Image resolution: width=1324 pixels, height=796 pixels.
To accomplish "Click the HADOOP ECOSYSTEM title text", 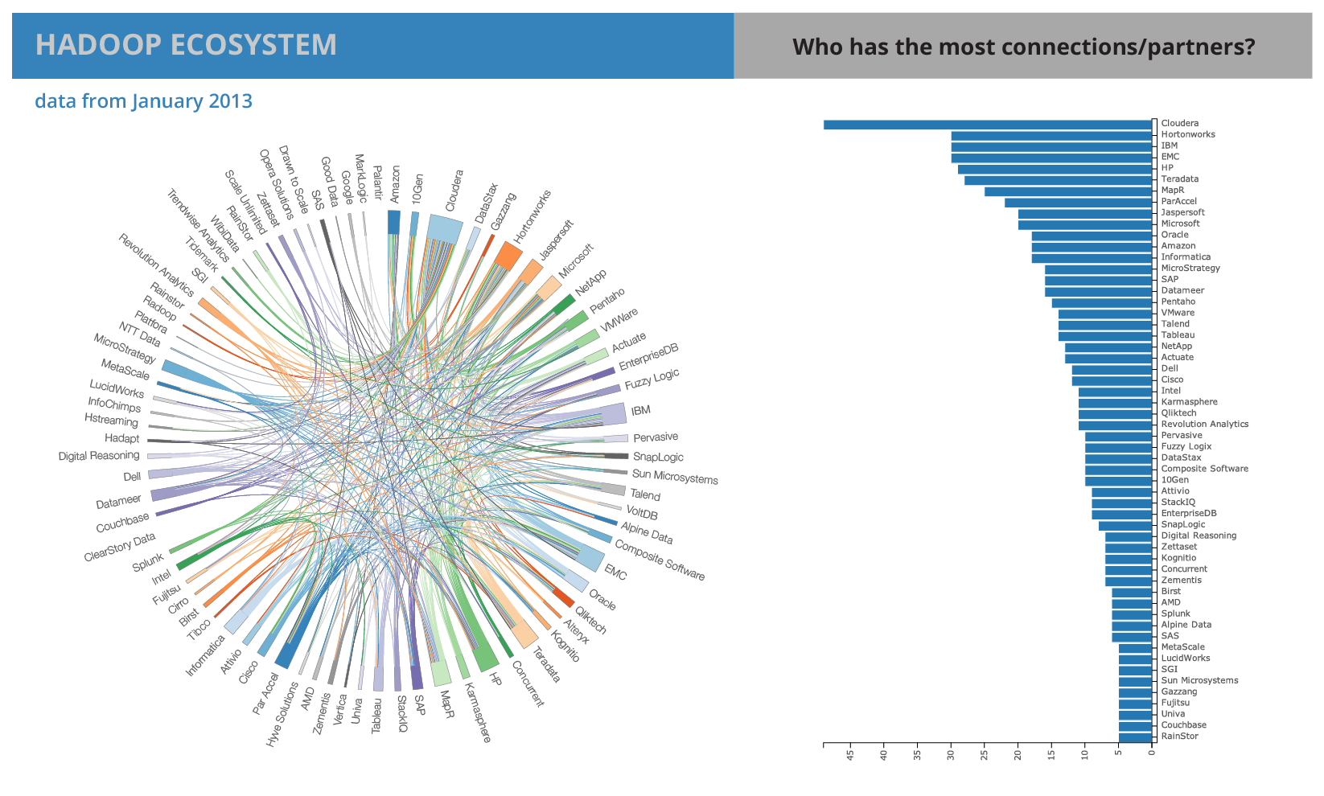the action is pos(186,45).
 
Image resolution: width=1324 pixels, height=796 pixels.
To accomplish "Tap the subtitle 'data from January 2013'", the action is pos(144,101).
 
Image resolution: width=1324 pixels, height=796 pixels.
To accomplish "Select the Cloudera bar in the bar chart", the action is pos(987,125).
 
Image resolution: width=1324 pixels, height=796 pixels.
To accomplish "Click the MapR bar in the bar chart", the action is pos(1067,191).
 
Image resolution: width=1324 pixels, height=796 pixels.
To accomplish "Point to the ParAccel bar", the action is pos(1078,203).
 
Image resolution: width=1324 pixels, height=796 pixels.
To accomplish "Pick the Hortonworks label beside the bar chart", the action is pos(1188,134).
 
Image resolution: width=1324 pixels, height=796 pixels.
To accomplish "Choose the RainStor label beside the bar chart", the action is pos(1179,736).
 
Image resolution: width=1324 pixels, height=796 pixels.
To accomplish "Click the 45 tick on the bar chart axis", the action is pos(850,755).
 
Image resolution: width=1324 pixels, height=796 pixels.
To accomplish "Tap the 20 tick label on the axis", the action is pos(1018,755).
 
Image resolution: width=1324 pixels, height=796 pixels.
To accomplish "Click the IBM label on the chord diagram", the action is pos(641,410).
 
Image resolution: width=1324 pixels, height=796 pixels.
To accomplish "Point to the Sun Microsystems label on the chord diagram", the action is pos(675,476).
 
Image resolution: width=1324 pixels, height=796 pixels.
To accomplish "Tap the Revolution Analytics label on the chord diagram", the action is pos(156,265).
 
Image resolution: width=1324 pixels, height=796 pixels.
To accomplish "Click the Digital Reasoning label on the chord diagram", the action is pos(99,456).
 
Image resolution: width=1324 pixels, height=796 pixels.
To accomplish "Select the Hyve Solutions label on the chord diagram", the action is pos(282,715).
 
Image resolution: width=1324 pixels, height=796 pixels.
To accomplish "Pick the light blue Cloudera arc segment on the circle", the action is pos(445,229).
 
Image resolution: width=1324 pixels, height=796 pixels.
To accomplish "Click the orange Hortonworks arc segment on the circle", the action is pos(508,256).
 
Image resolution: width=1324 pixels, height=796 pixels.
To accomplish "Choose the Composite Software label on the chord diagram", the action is pos(660,560).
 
